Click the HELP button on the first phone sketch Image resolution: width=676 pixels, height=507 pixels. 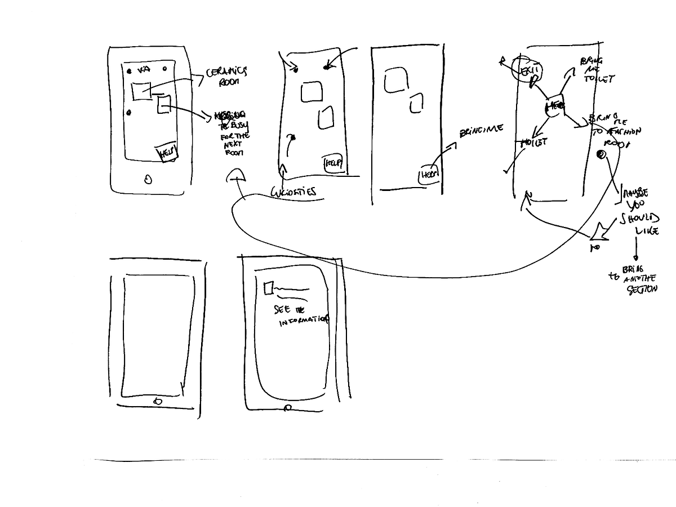(x=167, y=153)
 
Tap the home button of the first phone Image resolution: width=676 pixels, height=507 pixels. (x=148, y=180)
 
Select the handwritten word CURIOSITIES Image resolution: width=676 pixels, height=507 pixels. (x=293, y=192)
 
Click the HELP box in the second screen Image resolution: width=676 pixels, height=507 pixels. (x=332, y=164)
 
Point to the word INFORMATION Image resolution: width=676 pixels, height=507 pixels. (x=303, y=321)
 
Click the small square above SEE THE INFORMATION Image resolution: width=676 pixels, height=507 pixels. (x=268, y=288)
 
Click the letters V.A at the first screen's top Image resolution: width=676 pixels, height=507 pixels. (x=144, y=69)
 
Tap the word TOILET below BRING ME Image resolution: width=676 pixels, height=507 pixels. (x=598, y=79)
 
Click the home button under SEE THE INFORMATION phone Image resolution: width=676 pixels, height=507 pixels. (x=288, y=408)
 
